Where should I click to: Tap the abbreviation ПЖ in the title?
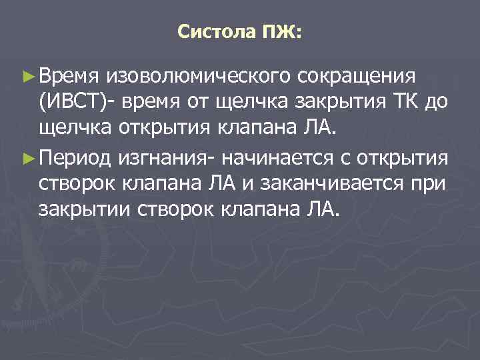pos(273,31)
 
